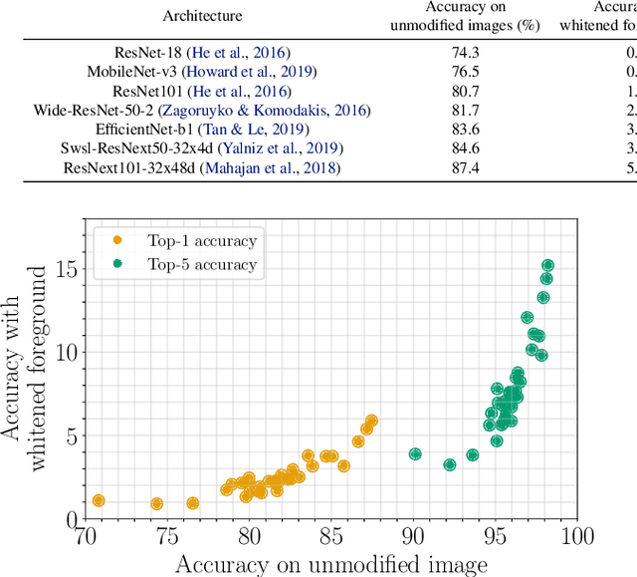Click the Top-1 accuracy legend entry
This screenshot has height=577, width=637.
(174, 240)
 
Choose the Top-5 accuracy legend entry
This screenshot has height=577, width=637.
(174, 264)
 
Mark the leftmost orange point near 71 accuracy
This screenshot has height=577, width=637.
(98, 501)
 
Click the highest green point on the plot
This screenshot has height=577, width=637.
(547, 266)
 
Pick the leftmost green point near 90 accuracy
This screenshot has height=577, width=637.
(415, 454)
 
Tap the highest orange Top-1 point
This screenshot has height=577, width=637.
(371, 422)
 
